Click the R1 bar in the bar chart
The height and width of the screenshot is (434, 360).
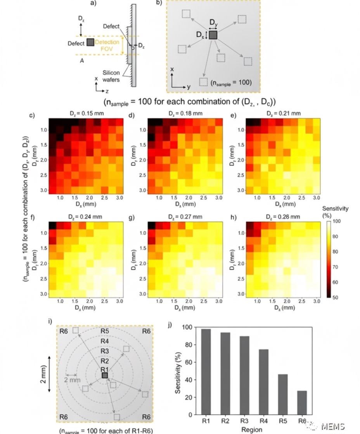coord(206,372)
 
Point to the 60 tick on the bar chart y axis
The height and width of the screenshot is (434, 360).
coord(190,362)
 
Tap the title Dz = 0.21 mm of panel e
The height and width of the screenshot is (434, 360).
coord(282,114)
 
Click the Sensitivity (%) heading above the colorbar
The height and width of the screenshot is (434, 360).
coord(335,212)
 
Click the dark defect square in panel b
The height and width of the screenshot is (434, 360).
coord(213,35)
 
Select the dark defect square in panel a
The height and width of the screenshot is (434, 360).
coord(90,43)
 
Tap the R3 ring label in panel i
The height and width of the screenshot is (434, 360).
coord(104,351)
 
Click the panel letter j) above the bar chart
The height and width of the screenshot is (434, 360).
coord(170,324)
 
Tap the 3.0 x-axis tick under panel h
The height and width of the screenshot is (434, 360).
coord(317,301)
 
